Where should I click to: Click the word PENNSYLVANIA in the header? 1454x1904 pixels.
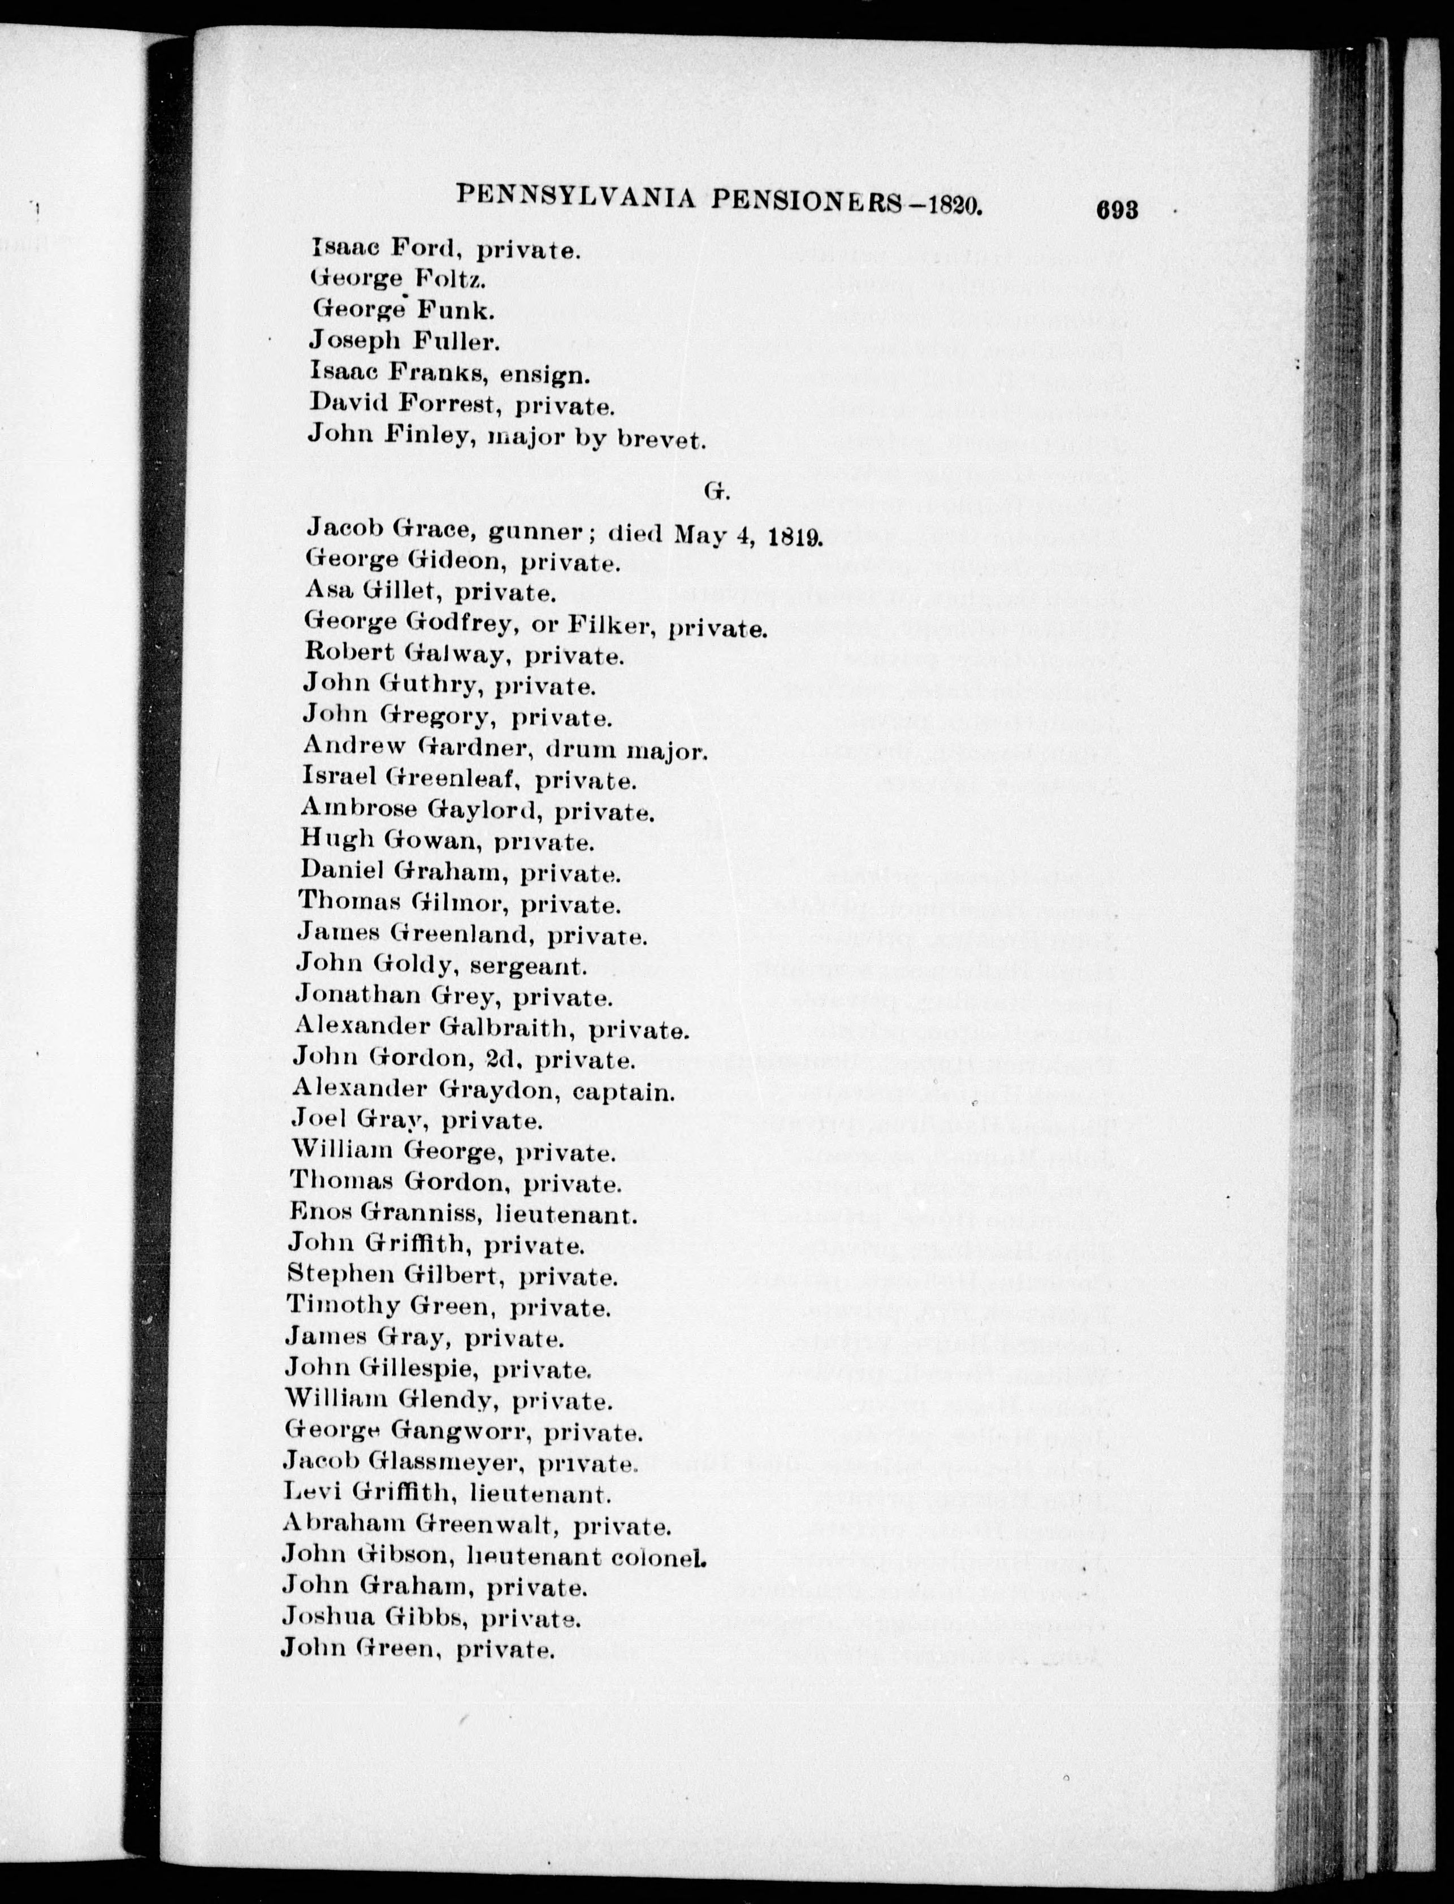575,199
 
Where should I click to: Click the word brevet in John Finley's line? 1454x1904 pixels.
661,440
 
